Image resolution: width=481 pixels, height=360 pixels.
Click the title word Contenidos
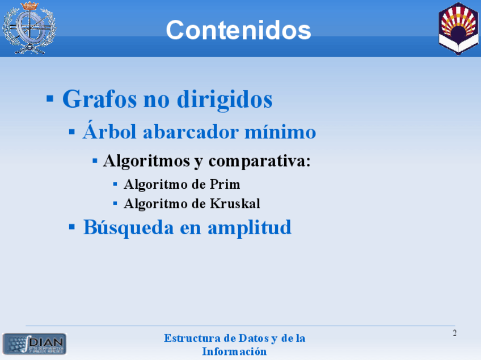238,30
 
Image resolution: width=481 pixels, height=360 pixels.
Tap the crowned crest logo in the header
29,28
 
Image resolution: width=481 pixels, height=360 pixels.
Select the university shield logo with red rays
458,28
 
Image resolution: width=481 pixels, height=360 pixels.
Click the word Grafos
100,99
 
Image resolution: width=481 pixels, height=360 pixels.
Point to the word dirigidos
225,99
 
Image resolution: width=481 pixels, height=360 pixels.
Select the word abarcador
191,132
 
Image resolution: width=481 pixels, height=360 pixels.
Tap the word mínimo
280,132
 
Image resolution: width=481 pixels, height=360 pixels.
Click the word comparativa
260,161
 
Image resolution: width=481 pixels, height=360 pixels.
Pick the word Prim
225,184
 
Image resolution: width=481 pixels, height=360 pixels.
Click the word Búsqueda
129,228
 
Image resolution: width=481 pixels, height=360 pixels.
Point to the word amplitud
250,228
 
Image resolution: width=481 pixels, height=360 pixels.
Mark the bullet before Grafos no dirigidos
50,99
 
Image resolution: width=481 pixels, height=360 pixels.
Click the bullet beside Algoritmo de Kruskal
115,204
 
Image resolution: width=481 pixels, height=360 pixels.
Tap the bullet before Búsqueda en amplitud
72,227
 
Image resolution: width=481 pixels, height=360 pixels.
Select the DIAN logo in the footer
35,344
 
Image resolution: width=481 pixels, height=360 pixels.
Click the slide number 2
454,333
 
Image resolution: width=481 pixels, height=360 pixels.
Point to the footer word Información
234,351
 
